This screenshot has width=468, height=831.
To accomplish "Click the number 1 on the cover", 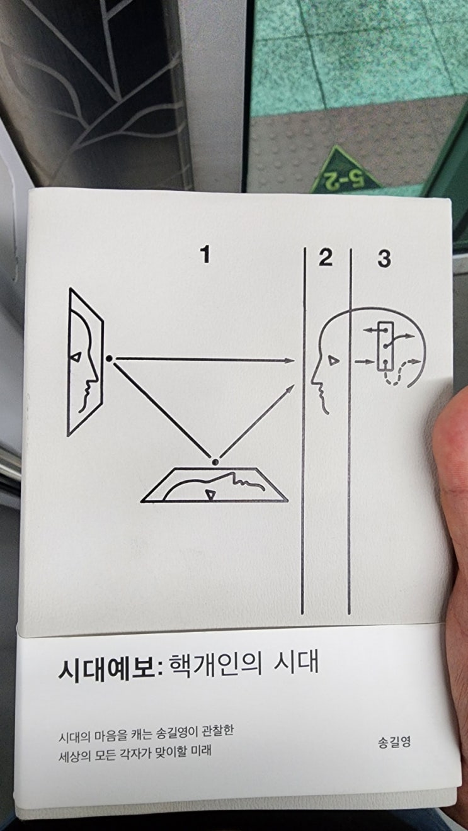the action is [205, 255].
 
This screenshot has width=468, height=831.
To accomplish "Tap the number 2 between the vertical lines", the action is [326, 257].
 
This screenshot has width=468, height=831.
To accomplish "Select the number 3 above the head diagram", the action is [384, 259].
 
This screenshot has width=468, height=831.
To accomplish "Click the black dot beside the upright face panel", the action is [109, 358].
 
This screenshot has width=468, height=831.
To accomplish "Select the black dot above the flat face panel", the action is [215, 462].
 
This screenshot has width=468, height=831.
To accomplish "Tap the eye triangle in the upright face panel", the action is [76, 357].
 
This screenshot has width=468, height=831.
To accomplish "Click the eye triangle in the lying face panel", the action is [210, 495].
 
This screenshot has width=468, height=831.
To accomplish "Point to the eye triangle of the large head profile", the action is [334, 361].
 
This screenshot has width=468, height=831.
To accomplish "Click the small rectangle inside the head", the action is [385, 346].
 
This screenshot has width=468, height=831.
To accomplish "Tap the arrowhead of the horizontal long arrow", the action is [290, 360].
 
